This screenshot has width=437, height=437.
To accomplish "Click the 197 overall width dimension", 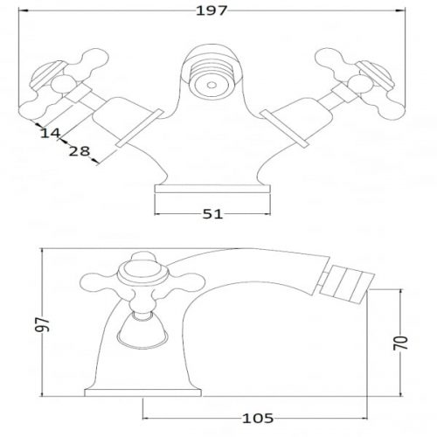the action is tap(212, 10).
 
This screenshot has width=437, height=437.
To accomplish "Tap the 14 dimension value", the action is tap(50, 134).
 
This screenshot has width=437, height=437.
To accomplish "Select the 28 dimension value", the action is tap(80, 151).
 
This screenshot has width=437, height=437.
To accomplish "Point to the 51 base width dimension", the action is tap(212, 214).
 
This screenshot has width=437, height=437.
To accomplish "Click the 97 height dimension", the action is tap(43, 324).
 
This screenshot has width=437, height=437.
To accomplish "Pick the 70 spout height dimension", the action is tap(400, 343).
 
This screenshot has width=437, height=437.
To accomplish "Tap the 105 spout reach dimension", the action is tap(258, 419).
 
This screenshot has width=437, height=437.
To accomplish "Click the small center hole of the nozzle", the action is tap(212, 85).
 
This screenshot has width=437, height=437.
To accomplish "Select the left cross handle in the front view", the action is tap(64, 84).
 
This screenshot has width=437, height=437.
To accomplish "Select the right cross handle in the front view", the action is tap(360, 84).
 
